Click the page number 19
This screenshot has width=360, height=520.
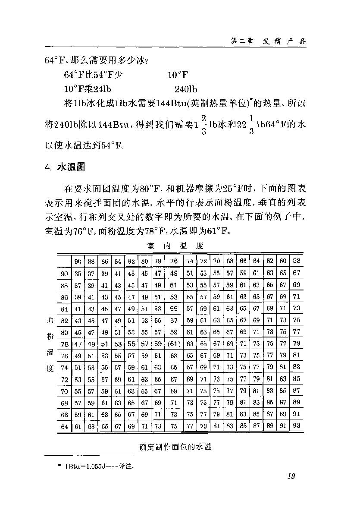(x=290, y=476)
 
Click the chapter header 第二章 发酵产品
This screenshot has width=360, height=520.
(x=268, y=41)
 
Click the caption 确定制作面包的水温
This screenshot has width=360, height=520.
(x=175, y=447)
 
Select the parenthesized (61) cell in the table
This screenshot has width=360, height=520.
(x=173, y=344)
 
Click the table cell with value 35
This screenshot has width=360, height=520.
(x=78, y=274)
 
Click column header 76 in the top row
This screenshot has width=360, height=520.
(x=174, y=261)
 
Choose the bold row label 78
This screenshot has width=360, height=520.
(x=65, y=344)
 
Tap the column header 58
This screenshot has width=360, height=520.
(x=296, y=261)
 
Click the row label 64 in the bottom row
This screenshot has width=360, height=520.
(x=65, y=427)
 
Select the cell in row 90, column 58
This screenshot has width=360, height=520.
(x=296, y=273)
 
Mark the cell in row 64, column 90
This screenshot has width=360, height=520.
(x=78, y=427)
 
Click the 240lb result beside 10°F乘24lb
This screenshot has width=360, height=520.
(x=186, y=89)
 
